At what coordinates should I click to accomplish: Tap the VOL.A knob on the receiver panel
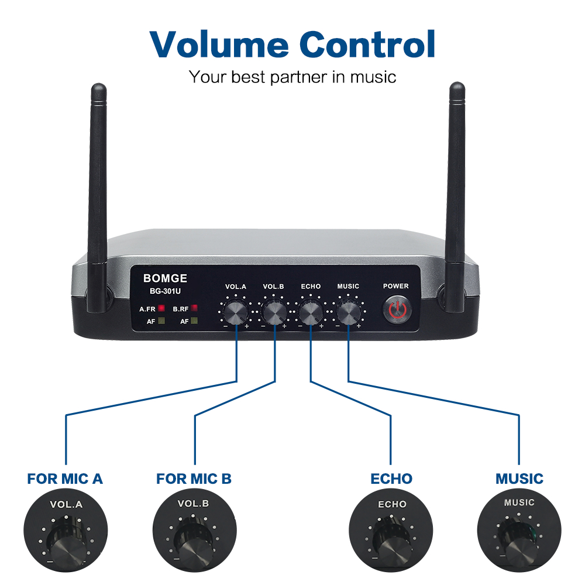click(x=236, y=313)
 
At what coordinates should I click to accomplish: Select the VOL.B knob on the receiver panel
click(x=273, y=313)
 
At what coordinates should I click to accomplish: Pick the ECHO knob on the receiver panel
click(x=311, y=313)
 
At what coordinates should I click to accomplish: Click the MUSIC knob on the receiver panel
click(x=348, y=313)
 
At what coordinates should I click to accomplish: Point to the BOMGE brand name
click(x=166, y=278)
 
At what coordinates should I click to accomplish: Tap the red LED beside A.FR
click(x=161, y=308)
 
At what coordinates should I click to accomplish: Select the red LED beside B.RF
click(x=194, y=308)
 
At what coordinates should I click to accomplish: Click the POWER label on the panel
click(x=396, y=286)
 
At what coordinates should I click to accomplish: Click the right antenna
click(x=457, y=193)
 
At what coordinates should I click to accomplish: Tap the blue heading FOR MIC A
click(x=65, y=479)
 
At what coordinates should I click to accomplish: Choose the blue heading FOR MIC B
click(x=194, y=479)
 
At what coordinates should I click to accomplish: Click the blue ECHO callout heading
click(x=391, y=479)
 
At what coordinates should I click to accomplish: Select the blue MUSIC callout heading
click(x=519, y=479)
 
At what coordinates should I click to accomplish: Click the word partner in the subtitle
click(x=300, y=77)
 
